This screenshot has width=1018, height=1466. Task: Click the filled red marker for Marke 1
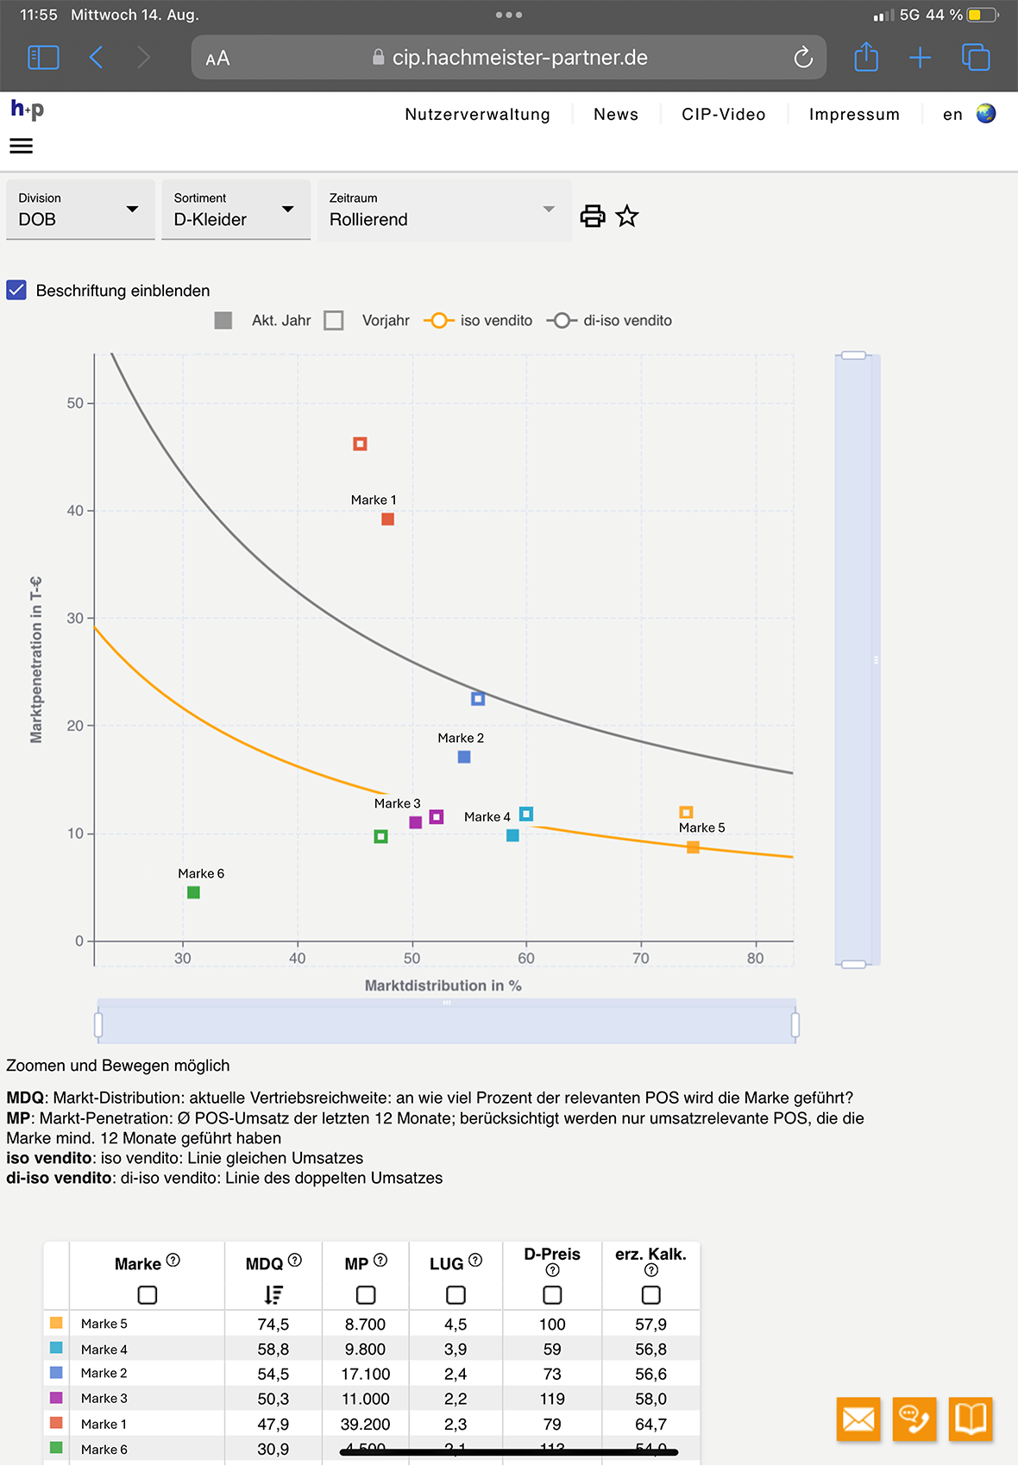(388, 519)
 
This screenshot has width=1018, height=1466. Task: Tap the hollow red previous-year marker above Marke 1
(361, 444)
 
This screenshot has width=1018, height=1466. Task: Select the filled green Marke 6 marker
(194, 893)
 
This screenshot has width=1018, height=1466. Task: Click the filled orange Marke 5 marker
(693, 847)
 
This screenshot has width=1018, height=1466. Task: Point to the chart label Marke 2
(461, 739)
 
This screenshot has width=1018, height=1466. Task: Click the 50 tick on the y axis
(76, 404)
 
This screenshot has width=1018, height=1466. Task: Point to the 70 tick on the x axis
(641, 959)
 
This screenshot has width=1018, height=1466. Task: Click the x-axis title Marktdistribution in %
(443, 985)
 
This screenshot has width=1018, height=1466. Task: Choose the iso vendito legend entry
(479, 321)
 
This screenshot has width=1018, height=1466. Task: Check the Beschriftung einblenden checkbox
(17, 290)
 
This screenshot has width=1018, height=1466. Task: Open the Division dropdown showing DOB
(79, 211)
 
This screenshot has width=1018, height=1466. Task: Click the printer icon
(593, 216)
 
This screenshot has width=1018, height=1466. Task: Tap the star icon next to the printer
(627, 216)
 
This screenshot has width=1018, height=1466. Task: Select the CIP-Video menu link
(723, 115)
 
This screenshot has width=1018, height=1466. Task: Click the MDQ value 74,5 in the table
(273, 1324)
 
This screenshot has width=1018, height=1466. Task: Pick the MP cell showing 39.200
(366, 1425)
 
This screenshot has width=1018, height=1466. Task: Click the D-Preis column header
(552, 1255)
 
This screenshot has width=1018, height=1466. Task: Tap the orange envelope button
(858, 1419)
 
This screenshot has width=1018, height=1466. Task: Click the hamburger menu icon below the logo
(22, 147)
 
